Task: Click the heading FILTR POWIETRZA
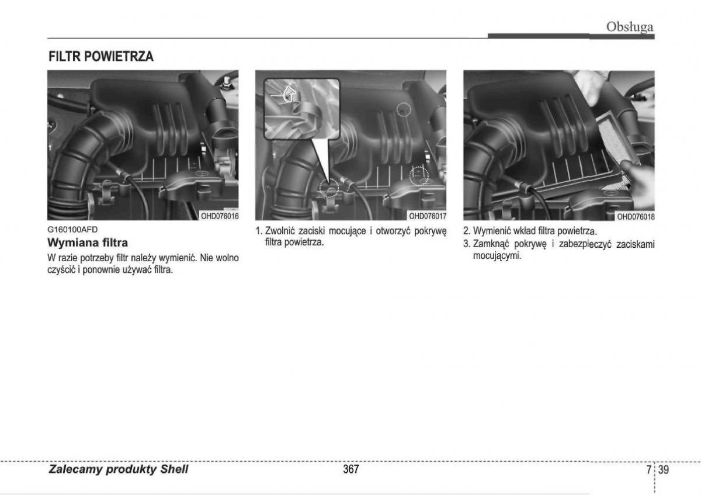point(100,56)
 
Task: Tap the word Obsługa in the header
point(630,27)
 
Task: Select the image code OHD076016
point(220,216)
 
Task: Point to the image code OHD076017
point(428,216)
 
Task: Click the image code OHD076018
point(636,217)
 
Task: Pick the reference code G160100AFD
point(72,230)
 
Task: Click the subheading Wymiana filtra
point(88,243)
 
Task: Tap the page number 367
point(351,469)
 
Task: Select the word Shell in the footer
point(174,469)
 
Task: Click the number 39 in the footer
point(664,470)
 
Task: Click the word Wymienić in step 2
point(491,231)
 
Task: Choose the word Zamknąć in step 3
point(490,244)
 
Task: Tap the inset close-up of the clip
point(301,109)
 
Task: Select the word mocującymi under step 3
point(497,256)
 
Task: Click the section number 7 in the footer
point(649,470)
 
